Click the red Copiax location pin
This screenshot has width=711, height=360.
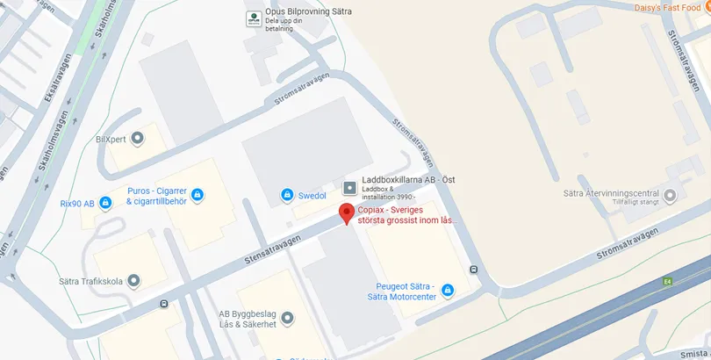pos(347,213)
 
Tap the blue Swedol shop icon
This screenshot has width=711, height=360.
pos(286,194)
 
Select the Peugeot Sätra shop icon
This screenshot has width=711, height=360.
pos(447,290)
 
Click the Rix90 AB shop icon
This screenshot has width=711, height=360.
pos(105,204)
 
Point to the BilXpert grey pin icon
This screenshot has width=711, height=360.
pos(137,139)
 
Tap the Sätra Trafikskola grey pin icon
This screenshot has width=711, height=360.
pos(133,281)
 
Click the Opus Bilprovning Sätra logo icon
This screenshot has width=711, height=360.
pos(253,17)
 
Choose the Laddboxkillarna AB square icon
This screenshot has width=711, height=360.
pos(349,187)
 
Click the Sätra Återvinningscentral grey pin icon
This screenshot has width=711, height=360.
pos(671,195)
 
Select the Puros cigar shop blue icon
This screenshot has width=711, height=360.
pos(198,193)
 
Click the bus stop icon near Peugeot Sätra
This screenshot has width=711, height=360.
pos(474,270)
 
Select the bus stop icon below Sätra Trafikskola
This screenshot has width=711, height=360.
pos(164,305)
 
